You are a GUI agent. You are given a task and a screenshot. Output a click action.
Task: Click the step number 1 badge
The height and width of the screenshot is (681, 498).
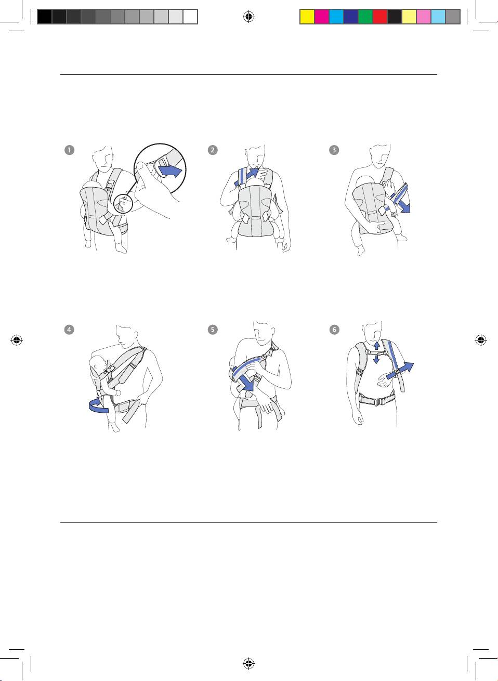click(x=69, y=150)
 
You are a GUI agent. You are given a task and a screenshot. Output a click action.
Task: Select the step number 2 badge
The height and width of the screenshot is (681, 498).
click(x=213, y=150)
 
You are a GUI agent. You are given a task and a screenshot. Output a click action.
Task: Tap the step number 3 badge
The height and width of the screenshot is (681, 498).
click(x=334, y=150)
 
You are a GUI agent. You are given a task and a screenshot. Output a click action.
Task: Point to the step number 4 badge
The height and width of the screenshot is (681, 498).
click(x=69, y=330)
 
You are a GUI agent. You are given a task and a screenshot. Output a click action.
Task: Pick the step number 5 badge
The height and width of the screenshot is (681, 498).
click(x=213, y=330)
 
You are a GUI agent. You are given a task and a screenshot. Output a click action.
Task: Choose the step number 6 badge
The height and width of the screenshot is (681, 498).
click(x=334, y=330)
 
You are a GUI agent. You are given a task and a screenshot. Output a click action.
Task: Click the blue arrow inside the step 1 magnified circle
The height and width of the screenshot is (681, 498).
click(x=171, y=171)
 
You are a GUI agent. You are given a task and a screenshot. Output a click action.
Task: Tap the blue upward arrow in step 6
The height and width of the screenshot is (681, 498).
click(x=376, y=346)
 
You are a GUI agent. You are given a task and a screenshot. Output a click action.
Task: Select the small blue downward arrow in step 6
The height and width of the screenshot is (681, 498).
click(x=376, y=359)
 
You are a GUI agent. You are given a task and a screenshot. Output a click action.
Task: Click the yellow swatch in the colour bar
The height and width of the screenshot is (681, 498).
click(x=307, y=17)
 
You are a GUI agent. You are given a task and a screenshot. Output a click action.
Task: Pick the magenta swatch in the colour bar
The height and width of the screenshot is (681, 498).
click(x=322, y=17)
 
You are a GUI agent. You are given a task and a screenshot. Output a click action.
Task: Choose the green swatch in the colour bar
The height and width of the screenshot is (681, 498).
click(x=365, y=17)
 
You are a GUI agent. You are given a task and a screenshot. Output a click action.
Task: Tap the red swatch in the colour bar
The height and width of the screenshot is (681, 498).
click(x=380, y=17)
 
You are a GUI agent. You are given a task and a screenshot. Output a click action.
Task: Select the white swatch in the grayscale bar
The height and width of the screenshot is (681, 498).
click(x=190, y=17)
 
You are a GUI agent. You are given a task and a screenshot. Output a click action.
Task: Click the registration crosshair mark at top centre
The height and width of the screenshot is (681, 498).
click(x=249, y=17)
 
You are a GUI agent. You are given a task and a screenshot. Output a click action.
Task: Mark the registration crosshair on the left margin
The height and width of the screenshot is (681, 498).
click(x=17, y=340)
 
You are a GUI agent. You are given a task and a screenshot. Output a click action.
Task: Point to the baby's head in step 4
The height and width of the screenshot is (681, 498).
click(x=97, y=364)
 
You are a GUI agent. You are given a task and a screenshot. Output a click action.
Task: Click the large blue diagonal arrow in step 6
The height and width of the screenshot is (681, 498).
click(x=400, y=371)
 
